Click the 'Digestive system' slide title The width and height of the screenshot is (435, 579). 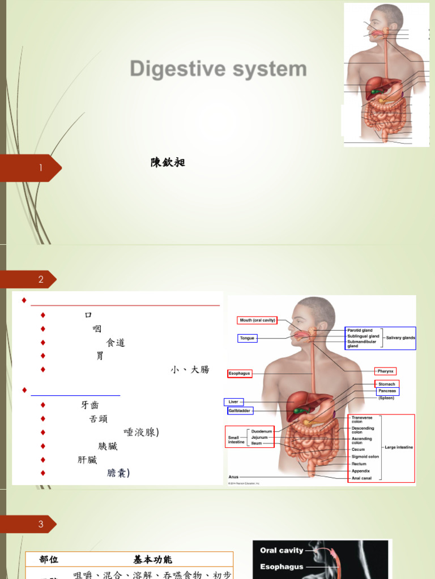click(x=218, y=70)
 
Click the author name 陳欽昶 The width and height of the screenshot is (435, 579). click(x=168, y=163)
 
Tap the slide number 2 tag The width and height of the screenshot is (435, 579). click(x=41, y=279)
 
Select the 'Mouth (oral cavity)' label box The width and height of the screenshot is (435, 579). click(x=257, y=320)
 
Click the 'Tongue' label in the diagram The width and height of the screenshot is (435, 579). click(x=247, y=338)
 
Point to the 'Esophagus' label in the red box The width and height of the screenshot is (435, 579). click(x=239, y=374)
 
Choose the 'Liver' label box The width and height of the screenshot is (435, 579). click(x=233, y=402)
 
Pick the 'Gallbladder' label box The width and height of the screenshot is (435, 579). click(x=240, y=411)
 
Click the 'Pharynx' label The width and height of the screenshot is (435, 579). click(x=385, y=371)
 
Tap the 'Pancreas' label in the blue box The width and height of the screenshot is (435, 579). click(x=387, y=391)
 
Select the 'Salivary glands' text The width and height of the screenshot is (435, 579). click(x=400, y=338)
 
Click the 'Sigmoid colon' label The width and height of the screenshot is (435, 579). click(x=365, y=456)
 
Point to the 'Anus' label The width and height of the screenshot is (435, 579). click(x=233, y=477)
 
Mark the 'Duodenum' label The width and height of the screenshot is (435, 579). click(x=260, y=431)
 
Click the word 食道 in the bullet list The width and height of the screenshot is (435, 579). click(x=116, y=342)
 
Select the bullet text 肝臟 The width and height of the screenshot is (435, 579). click(x=87, y=460)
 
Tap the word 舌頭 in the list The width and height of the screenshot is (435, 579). click(x=99, y=418)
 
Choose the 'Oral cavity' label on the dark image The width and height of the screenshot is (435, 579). click(x=282, y=550)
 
